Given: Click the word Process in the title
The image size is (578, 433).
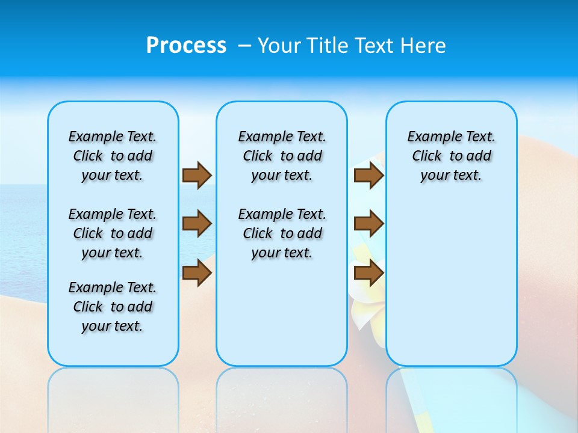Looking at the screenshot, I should (186, 46).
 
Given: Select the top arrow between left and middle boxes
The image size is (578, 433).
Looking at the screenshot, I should (197, 175).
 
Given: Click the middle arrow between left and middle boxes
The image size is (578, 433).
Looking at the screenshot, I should (197, 224).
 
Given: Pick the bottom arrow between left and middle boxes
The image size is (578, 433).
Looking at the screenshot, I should (197, 272).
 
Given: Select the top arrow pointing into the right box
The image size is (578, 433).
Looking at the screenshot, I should (368, 175).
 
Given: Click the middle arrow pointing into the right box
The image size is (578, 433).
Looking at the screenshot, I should (368, 224).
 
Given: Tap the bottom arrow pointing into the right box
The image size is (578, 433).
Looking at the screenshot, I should (368, 272).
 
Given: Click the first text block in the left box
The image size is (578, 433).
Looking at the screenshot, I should (113, 156).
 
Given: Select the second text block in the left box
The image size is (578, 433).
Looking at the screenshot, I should (113, 233).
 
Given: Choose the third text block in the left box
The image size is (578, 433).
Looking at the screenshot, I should (113, 307).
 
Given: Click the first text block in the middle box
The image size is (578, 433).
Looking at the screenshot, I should (282, 156).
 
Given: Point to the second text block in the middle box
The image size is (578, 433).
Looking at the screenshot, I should (282, 233).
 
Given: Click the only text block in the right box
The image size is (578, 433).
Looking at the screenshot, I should (451, 156).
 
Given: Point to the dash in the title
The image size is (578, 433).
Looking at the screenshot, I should (244, 46).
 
